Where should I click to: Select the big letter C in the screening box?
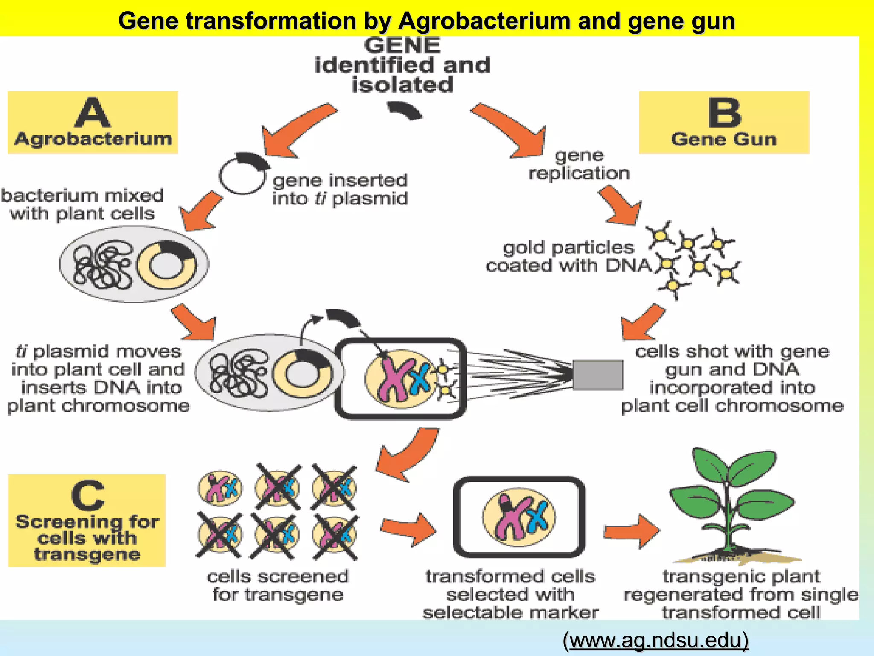[87, 495]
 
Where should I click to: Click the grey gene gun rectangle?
[597, 375]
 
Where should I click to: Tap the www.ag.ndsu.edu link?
[655, 640]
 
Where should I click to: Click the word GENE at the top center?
[402, 45]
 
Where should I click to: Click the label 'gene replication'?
[579, 164]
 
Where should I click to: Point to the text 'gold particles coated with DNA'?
[568, 256]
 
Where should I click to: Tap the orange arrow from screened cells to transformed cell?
[408, 530]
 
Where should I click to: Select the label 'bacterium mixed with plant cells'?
[82, 204]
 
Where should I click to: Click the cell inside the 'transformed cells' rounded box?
[519, 517]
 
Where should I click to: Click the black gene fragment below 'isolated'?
[405, 111]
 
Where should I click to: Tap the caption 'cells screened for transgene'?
[278, 585]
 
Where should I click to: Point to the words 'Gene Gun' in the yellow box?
[724, 139]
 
